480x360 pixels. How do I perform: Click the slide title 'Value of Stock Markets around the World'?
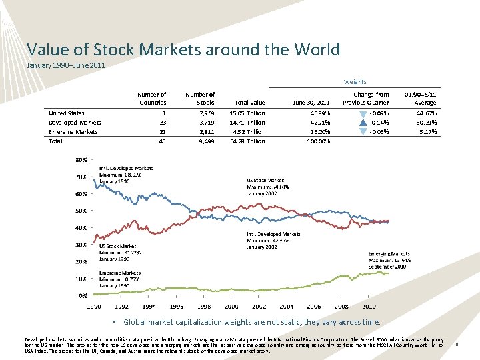[183, 49]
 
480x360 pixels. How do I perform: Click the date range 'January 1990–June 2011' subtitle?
[65, 65]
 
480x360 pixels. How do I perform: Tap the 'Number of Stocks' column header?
[199, 98]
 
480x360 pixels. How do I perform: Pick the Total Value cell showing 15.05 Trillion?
[247, 113]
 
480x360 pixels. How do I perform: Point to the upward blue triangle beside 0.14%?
[361, 122]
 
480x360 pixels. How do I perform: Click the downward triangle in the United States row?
[361, 113]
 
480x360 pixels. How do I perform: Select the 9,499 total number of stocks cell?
[206, 141]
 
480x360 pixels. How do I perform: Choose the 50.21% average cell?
[425, 123]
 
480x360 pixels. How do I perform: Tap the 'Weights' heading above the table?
[355, 82]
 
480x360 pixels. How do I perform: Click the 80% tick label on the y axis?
[80, 160]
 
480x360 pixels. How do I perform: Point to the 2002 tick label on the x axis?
[259, 306]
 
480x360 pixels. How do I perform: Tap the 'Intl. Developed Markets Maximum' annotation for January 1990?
[125, 174]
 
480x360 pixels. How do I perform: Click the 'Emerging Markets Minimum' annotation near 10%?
[120, 279]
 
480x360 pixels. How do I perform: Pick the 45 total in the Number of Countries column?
[162, 141]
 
